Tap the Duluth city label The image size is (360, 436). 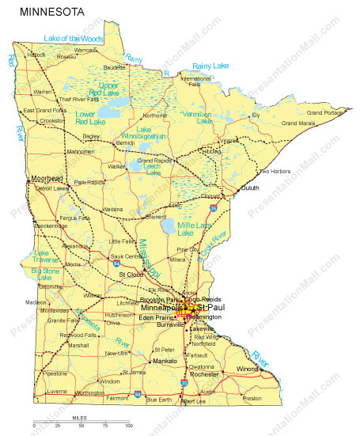[249, 188]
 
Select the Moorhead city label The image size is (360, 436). [46, 178]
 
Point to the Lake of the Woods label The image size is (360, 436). [74, 37]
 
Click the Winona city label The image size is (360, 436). [248, 369]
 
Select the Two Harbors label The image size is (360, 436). [275, 171]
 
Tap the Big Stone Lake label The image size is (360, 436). [46, 274]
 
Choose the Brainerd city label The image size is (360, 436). [157, 215]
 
